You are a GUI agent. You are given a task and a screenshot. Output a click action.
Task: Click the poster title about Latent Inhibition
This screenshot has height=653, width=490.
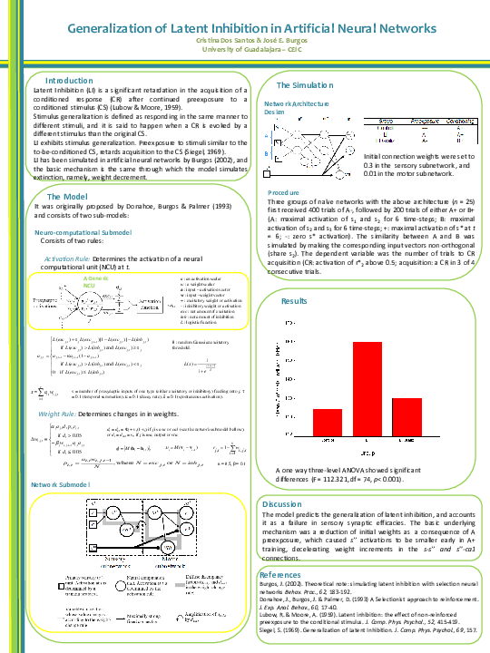click(x=244, y=29)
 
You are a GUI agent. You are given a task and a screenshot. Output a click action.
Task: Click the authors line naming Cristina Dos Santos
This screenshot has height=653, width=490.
click(x=244, y=42)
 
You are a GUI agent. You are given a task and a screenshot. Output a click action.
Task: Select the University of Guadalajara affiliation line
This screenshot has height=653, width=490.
click(x=244, y=51)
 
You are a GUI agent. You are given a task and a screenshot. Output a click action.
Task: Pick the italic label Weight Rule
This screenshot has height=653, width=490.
click(x=63, y=413)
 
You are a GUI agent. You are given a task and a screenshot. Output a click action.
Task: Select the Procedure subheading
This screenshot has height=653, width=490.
click(x=284, y=193)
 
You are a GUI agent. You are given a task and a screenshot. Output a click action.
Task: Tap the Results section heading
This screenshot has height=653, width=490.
click(x=294, y=299)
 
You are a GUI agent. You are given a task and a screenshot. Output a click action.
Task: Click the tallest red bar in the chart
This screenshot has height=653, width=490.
click(x=366, y=389)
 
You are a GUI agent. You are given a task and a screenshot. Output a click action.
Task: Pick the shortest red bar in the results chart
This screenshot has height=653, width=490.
click(x=407, y=417)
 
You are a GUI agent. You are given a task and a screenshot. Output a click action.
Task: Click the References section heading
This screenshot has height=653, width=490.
click(x=280, y=575)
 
